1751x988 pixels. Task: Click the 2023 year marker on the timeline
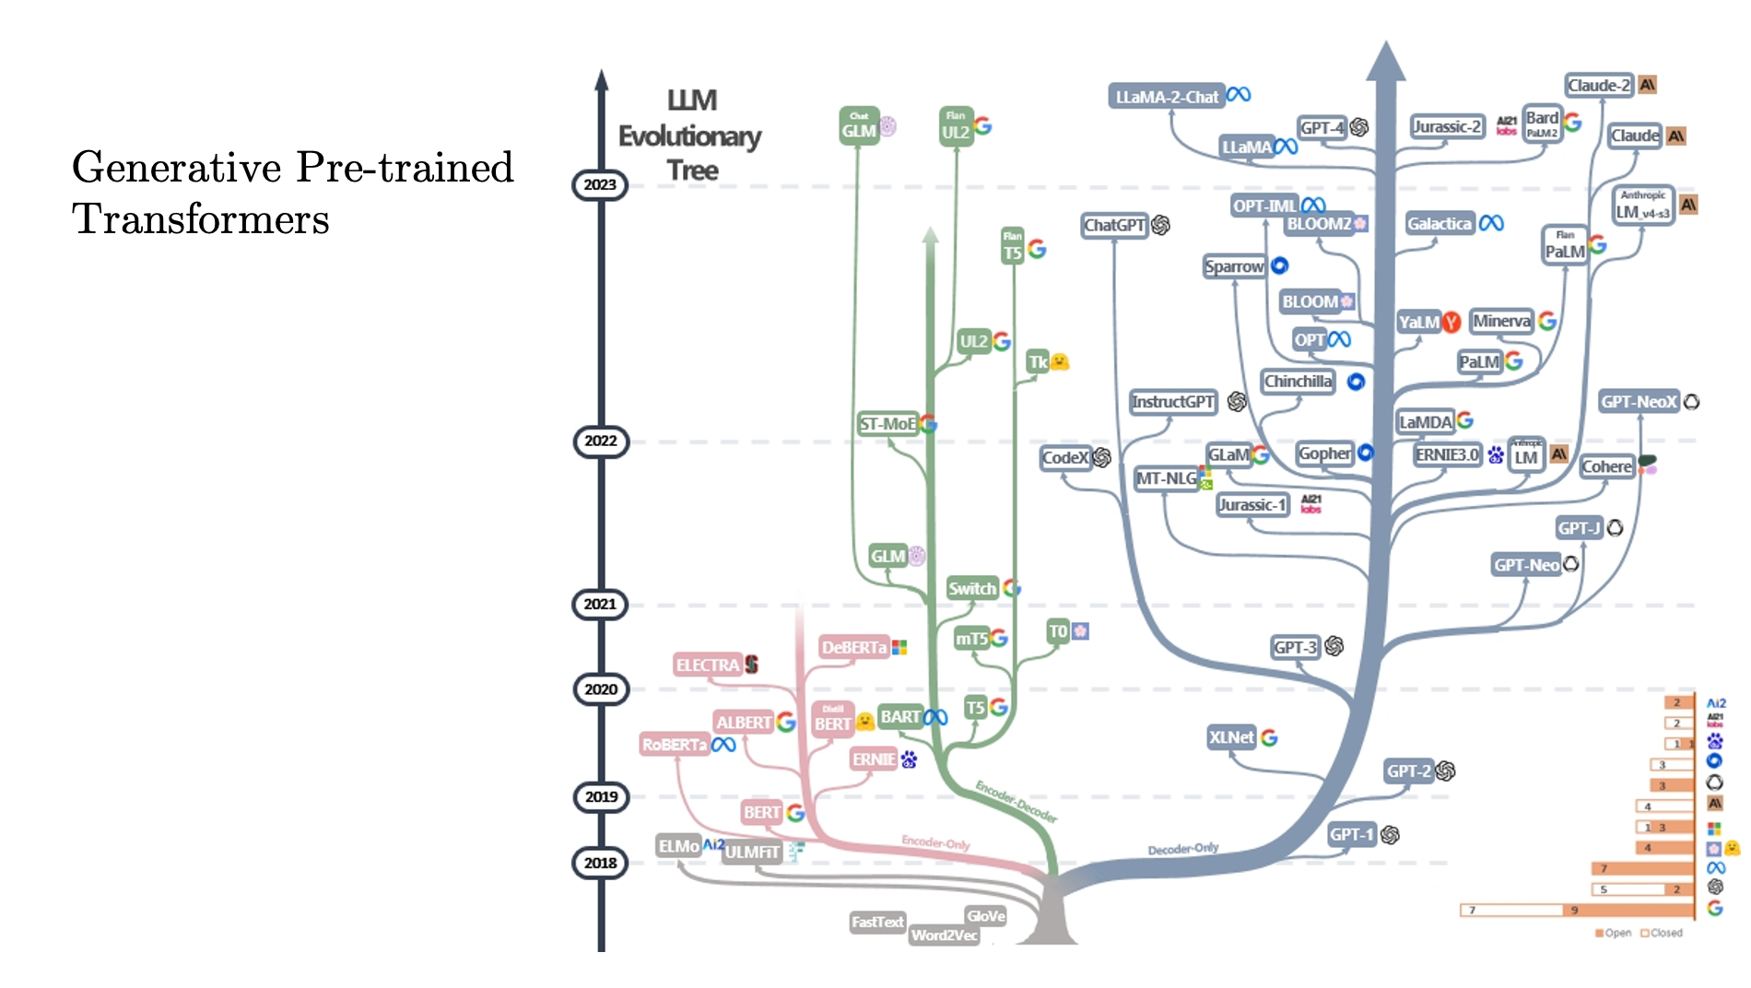tap(600, 184)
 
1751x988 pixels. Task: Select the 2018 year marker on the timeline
tap(600, 863)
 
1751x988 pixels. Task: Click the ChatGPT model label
tap(1114, 225)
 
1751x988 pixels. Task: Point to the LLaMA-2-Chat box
tap(1167, 97)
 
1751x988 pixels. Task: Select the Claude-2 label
tap(1599, 86)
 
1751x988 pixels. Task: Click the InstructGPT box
tap(1173, 402)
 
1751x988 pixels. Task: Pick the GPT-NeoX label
tap(1639, 402)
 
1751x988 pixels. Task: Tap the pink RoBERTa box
tap(675, 745)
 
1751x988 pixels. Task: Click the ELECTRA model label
tap(708, 665)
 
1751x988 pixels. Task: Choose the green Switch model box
tap(972, 588)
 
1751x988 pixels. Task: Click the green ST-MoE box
tap(887, 424)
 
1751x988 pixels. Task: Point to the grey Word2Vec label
tap(944, 935)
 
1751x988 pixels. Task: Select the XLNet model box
tap(1231, 737)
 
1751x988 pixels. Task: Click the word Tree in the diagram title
tap(692, 171)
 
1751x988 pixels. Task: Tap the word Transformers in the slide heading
tap(201, 219)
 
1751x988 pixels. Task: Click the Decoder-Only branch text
tap(1182, 848)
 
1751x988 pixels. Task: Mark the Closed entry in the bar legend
tap(1665, 933)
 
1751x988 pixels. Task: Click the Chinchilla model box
tap(1298, 382)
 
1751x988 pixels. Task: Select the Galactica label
tap(1440, 223)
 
